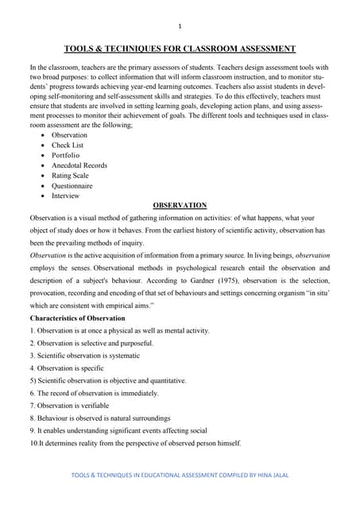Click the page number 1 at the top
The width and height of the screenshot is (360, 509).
click(x=180, y=25)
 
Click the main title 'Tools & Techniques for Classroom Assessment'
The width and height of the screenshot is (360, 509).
click(x=180, y=49)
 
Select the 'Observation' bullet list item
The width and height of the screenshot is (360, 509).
click(x=69, y=135)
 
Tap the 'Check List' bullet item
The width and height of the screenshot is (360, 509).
click(x=68, y=146)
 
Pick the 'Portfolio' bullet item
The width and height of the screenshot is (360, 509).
click(x=67, y=156)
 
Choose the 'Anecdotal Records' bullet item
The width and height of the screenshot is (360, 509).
click(x=79, y=165)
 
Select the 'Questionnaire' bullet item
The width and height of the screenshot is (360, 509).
click(x=73, y=185)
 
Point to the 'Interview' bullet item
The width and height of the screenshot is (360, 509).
click(x=66, y=196)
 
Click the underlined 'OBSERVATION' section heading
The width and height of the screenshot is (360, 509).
click(x=180, y=205)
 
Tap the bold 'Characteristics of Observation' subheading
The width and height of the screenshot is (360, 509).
click(x=78, y=318)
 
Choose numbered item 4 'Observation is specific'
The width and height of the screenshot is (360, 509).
click(x=72, y=368)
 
